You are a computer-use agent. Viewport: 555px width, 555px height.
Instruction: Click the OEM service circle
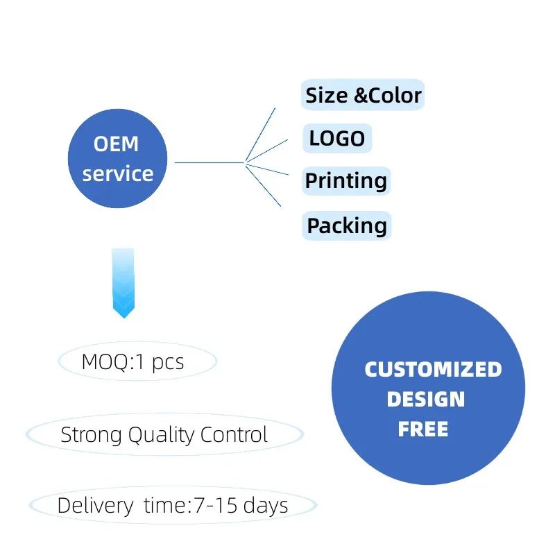(118, 159)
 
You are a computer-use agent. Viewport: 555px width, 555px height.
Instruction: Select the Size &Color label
(363, 94)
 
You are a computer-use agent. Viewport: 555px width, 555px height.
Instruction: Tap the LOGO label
(337, 138)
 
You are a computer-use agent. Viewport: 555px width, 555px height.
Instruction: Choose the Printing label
(346, 181)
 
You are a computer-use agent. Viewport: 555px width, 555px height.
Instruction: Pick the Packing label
(347, 225)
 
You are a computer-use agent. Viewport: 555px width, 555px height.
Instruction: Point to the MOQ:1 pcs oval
(137, 361)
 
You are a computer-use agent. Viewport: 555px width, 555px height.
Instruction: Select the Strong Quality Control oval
(164, 435)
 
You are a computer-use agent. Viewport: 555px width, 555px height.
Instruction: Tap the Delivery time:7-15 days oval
(173, 505)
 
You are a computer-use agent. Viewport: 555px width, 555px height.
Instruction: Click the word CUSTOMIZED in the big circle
(433, 369)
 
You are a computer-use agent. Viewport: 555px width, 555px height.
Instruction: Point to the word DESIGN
(425, 399)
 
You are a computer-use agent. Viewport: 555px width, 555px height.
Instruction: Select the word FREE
(423, 429)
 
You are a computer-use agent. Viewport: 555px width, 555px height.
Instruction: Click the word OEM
(117, 144)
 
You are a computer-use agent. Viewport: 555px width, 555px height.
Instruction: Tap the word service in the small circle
(118, 173)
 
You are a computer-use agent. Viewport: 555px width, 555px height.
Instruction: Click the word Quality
(164, 435)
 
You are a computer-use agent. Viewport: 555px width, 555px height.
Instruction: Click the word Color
(395, 94)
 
